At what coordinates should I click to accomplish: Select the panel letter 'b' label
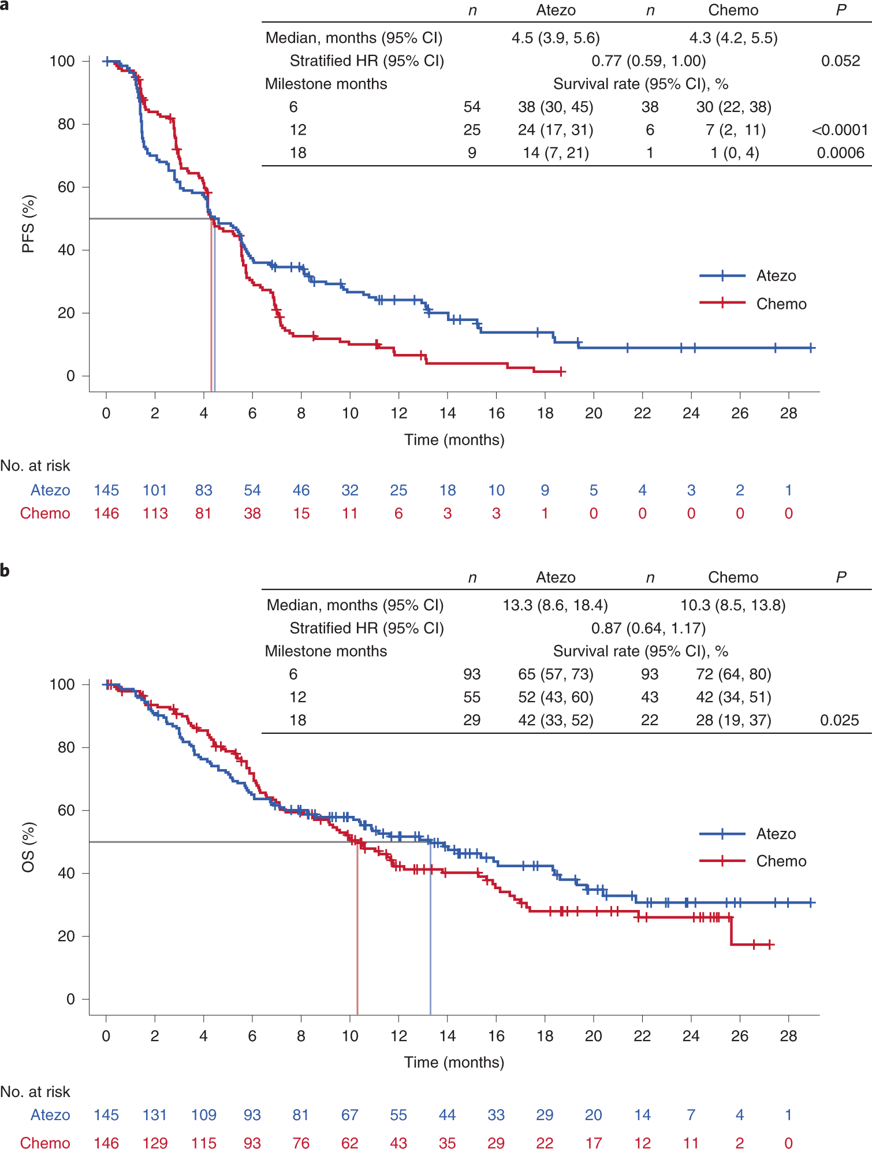click(5, 570)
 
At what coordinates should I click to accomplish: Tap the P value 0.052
click(840, 61)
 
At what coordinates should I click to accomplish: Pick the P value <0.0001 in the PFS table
click(840, 130)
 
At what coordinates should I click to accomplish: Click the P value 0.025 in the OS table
click(839, 720)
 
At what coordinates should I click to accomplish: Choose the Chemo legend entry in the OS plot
click(752, 861)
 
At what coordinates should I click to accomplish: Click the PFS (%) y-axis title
click(28, 224)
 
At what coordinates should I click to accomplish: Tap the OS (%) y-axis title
click(28, 847)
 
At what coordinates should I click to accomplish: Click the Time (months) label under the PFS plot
click(454, 440)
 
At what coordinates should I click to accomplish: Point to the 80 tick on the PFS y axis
click(66, 124)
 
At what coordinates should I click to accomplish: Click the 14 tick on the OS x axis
click(447, 1036)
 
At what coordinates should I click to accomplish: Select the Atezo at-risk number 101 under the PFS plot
click(155, 490)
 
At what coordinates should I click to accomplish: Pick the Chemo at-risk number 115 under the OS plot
click(203, 1143)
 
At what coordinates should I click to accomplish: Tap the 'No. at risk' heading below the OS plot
click(35, 1091)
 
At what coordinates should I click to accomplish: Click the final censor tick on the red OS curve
click(770, 945)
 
